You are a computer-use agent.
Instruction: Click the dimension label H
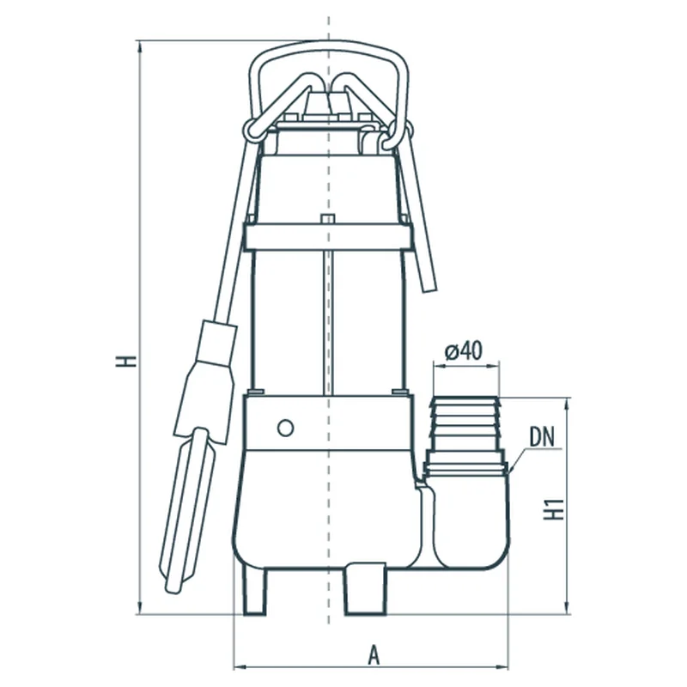pos(125,361)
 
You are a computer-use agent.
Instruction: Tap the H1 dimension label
pos(553,508)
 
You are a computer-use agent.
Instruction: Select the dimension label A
pos(374,655)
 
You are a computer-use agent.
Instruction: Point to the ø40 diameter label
pos(463,351)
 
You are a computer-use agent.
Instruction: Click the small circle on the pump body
pos(285,428)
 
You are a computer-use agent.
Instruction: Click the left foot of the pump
pos(254,592)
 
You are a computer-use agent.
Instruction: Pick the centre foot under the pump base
pos(366,589)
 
